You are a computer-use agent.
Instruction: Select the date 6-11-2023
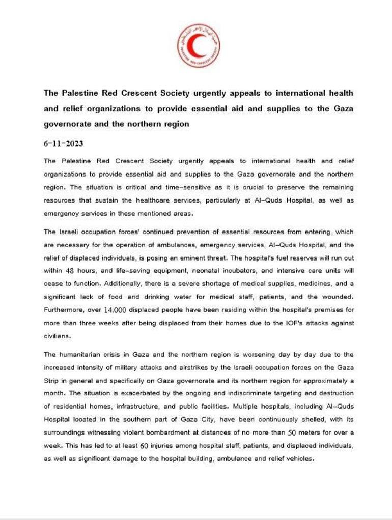pyautogui.click(x=64, y=143)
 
